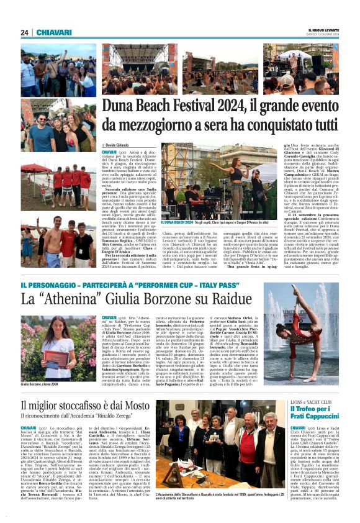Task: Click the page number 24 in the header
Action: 25,32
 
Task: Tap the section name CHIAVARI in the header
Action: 54,32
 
